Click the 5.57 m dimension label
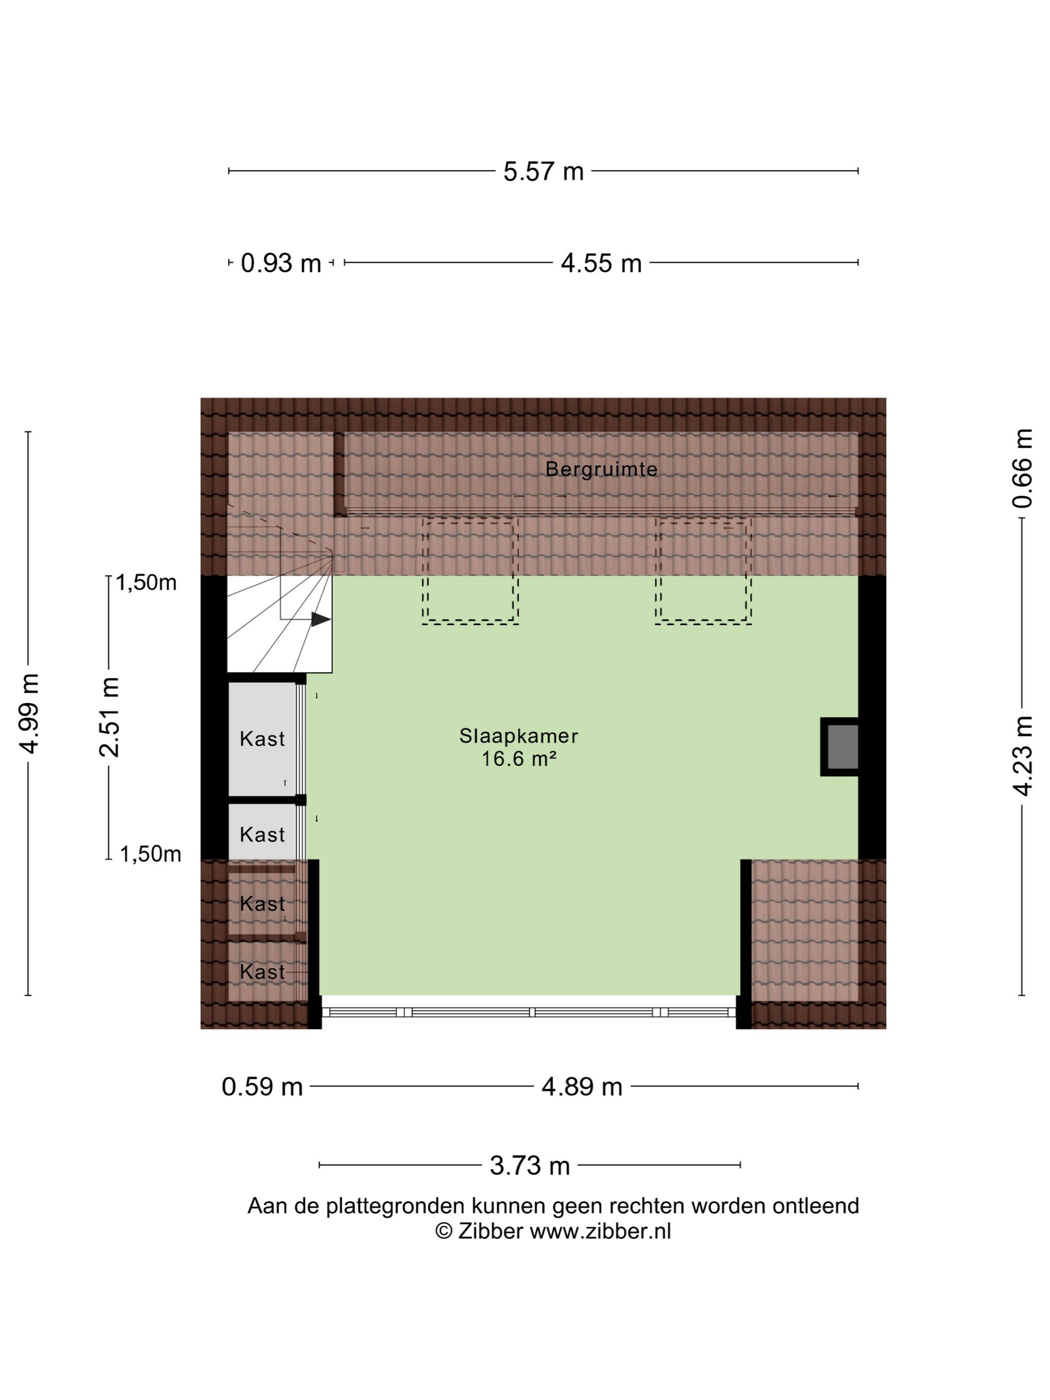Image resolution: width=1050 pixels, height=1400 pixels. point(543,171)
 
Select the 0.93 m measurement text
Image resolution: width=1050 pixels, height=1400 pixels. point(281,263)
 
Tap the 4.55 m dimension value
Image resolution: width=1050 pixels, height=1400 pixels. point(601,263)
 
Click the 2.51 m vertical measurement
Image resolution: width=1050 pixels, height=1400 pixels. point(109,717)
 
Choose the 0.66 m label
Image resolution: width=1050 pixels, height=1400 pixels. point(1022,469)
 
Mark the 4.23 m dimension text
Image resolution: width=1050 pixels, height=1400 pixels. point(1022,755)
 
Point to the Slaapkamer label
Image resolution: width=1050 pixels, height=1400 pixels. point(519,736)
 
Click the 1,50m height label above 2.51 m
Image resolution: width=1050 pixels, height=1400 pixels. point(146,582)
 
